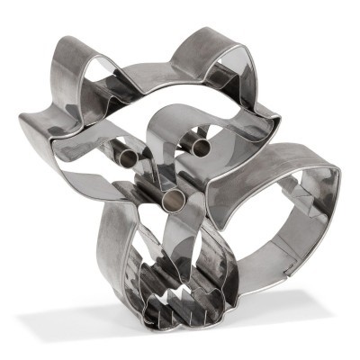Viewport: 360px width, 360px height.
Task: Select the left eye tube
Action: [127, 157]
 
